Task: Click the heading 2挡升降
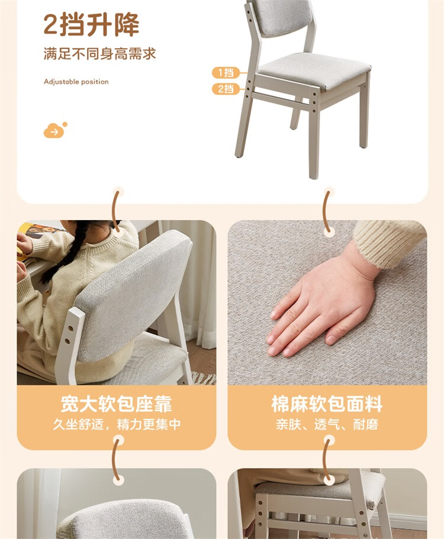pyautogui.click(x=91, y=24)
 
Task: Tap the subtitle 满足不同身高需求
pyautogui.click(x=99, y=54)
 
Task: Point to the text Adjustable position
pyautogui.click(x=76, y=82)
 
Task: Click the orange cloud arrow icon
pyautogui.click(x=55, y=130)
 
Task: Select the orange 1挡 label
pyautogui.click(x=226, y=73)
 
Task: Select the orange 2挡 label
pyautogui.click(x=226, y=89)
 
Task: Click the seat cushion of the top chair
pyautogui.click(x=314, y=71)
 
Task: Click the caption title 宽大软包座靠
pyautogui.click(x=116, y=404)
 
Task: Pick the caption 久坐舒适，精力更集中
pyautogui.click(x=117, y=424)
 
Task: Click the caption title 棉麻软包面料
pyautogui.click(x=327, y=404)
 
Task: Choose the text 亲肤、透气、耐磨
pyautogui.click(x=327, y=424)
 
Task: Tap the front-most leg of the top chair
pyautogui.click(x=314, y=137)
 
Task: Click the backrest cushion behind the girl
pyautogui.click(x=134, y=296)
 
